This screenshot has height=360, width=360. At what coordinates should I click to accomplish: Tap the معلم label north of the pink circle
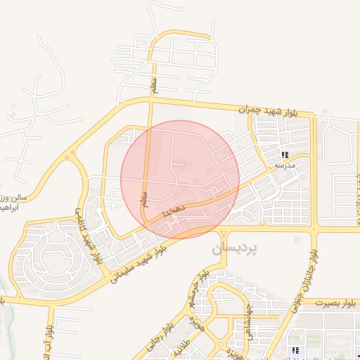click(x=155, y=86)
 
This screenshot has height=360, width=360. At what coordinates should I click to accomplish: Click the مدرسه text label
click(x=284, y=165)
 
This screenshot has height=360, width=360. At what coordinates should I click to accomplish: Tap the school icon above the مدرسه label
click(x=285, y=155)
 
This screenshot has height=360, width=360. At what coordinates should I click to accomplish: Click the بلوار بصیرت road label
click(x=337, y=302)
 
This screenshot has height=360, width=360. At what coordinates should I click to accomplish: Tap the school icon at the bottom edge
click(x=297, y=349)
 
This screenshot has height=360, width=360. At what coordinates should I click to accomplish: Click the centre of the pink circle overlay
click(x=180, y=179)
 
